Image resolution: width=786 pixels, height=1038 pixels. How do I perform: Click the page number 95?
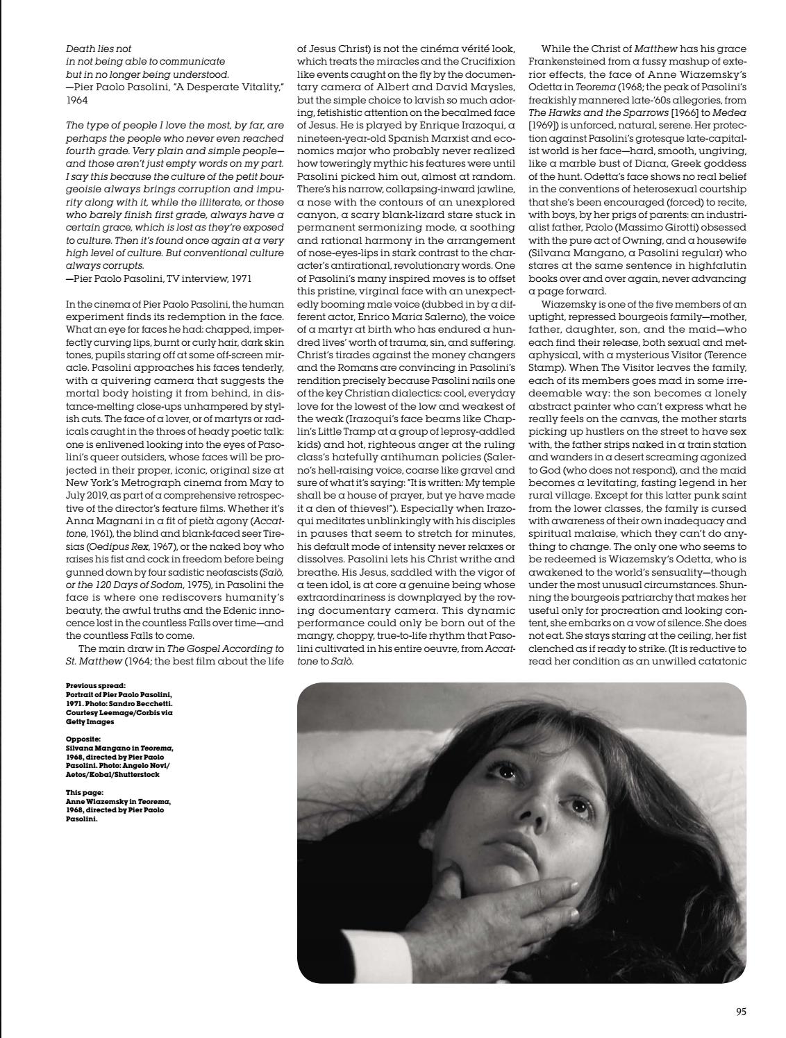pyautogui.click(x=739, y=1012)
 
